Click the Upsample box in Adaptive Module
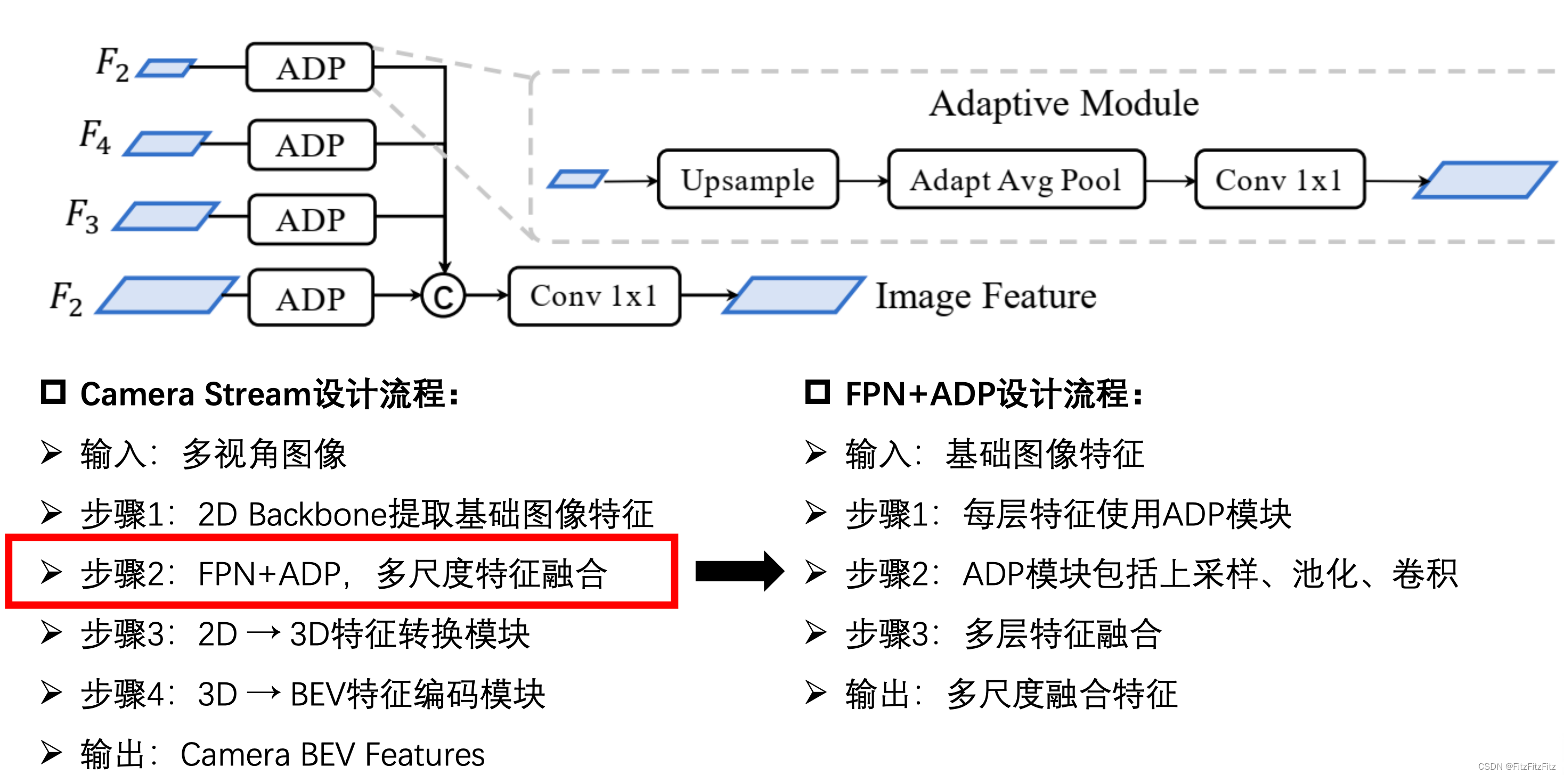[x=747, y=179]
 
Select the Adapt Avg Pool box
[x=1016, y=179]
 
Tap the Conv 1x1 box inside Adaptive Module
[x=1279, y=179]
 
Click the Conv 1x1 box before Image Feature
[x=594, y=296]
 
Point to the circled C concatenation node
[x=443, y=296]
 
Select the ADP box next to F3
[x=312, y=220]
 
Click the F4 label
[x=95, y=137]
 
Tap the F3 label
[x=82, y=216]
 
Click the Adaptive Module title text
[x=1064, y=103]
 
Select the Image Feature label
[x=985, y=296]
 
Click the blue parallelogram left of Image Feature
[x=794, y=295]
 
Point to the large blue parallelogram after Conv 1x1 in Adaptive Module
[x=1485, y=179]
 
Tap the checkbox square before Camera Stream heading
[x=53, y=392]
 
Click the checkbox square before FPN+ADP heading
[x=817, y=392]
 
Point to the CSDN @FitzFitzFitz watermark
[x=1516, y=766]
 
